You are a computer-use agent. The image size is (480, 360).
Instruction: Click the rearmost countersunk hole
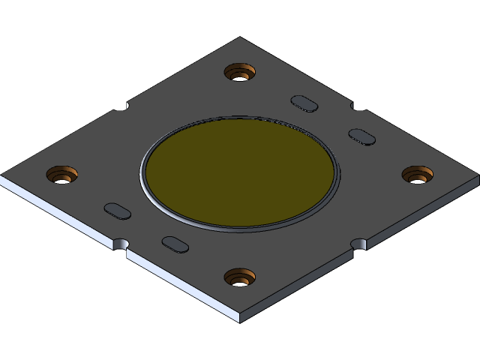(x=240, y=73)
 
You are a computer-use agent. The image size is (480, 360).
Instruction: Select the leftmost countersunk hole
(x=62, y=175)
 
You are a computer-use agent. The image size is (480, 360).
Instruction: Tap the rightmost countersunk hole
(x=418, y=175)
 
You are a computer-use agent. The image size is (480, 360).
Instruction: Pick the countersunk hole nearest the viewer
(x=240, y=277)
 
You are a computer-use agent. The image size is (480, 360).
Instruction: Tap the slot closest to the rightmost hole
(x=362, y=136)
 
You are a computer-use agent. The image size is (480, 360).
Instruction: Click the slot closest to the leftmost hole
(x=117, y=211)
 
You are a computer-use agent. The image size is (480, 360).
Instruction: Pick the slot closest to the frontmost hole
(x=175, y=244)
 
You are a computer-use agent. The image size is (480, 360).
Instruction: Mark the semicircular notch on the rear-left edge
(x=121, y=106)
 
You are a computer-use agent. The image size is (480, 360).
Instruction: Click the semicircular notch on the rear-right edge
(x=358, y=106)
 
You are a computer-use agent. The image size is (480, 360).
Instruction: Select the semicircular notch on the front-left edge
(x=121, y=244)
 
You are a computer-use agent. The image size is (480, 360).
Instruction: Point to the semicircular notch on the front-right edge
(x=359, y=244)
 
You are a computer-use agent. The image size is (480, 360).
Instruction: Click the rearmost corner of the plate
(x=240, y=38)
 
